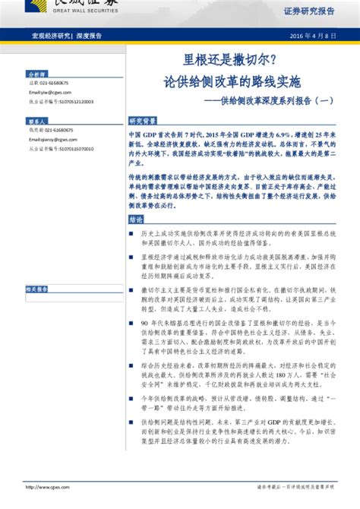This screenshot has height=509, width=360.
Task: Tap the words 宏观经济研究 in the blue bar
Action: point(50,36)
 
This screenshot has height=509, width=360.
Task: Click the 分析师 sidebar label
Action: point(37,74)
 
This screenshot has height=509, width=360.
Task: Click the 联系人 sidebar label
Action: point(37,121)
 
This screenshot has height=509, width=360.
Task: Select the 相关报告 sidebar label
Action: point(37,289)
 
